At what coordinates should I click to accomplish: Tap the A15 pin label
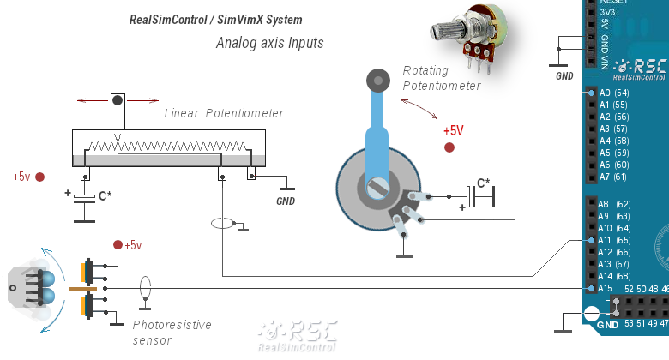click(605, 289)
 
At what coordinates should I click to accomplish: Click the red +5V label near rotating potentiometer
click(453, 131)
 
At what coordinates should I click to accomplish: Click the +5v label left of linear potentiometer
click(21, 177)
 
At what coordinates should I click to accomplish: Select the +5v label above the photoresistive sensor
click(132, 245)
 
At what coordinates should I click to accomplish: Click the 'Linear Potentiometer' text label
click(224, 113)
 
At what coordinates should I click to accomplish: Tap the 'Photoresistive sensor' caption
click(172, 333)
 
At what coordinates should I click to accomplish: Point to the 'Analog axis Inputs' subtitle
click(270, 42)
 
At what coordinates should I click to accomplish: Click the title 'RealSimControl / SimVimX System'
click(215, 19)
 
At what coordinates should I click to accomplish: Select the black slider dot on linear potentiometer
click(118, 101)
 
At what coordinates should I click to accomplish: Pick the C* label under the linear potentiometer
click(105, 195)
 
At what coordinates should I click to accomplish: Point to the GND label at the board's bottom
click(607, 325)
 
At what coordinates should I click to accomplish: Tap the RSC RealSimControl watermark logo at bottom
click(298, 335)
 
